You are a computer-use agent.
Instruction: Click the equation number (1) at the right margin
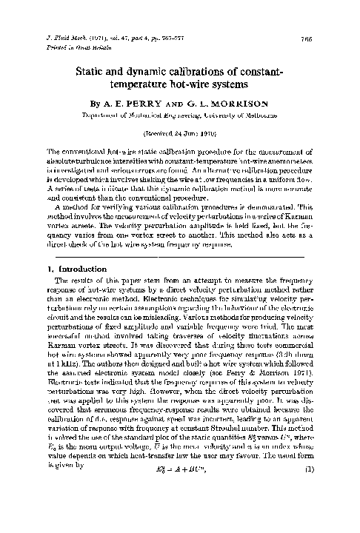point(323,511)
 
